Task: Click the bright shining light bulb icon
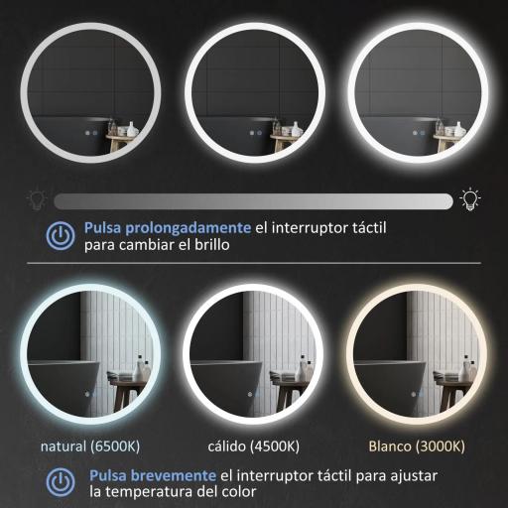coord(471,199)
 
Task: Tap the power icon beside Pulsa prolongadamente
coord(61,235)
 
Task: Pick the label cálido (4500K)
coord(253,444)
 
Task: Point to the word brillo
coord(212,244)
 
